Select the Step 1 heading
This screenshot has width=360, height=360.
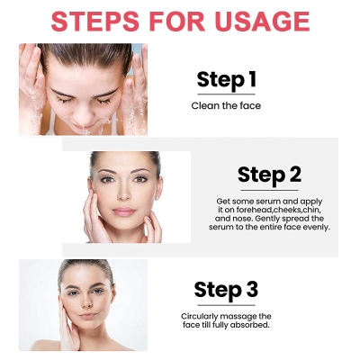pos(226,80)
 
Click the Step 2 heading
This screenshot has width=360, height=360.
pos(269,175)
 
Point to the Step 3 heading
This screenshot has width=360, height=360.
pos(226,289)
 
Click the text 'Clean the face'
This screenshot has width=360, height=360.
pos(226,106)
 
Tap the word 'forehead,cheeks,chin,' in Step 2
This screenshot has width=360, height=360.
pos(272,210)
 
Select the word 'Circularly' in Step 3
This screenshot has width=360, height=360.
pos(201,316)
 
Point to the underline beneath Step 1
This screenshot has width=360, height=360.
pos(226,94)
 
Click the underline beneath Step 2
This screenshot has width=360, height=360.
pos(269,189)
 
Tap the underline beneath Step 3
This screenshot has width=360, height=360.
pos(226,303)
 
